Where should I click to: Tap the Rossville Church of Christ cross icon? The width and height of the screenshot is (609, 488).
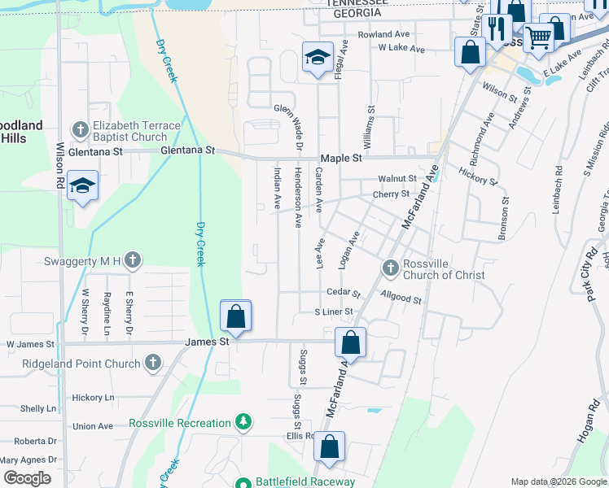pyautogui.click(x=390, y=267)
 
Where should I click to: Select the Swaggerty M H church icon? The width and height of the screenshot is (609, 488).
pyautogui.click(x=134, y=260)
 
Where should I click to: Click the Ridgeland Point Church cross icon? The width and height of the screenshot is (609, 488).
pyautogui.click(x=152, y=363)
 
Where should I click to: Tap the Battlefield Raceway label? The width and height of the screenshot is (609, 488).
pyautogui.click(x=306, y=481)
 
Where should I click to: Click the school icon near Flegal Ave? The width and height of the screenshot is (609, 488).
pyautogui.click(x=317, y=57)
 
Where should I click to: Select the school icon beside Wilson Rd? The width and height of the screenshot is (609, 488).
pyautogui.click(x=82, y=186)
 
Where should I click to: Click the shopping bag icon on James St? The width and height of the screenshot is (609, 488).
pyautogui.click(x=235, y=316)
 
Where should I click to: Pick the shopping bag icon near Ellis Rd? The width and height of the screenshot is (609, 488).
pyautogui.click(x=329, y=447)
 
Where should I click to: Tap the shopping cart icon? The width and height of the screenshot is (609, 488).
pyautogui.click(x=538, y=37)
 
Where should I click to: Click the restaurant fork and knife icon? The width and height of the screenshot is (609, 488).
pyautogui.click(x=497, y=28)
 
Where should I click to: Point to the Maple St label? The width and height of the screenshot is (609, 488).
pyautogui.click(x=340, y=159)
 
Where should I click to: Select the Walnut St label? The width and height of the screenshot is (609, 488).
pyautogui.click(x=397, y=178)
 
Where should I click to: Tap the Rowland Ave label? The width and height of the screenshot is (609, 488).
pyautogui.click(x=383, y=35)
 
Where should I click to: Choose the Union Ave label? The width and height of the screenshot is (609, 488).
pyautogui.click(x=93, y=426)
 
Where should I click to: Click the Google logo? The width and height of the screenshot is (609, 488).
pyautogui.click(x=27, y=478)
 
